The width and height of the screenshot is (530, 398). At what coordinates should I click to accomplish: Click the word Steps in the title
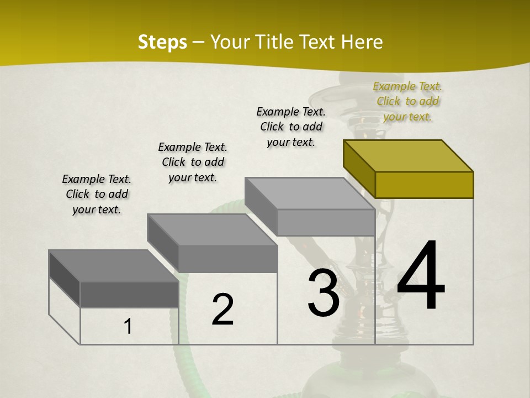(162, 42)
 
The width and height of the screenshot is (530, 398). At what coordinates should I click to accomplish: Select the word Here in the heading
(362, 42)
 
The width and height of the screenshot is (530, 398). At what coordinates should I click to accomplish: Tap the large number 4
(421, 276)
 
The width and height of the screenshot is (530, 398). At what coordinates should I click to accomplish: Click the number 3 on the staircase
(324, 294)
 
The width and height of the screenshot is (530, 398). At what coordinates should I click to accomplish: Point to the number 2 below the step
(222, 310)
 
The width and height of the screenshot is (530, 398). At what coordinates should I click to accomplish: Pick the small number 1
(128, 326)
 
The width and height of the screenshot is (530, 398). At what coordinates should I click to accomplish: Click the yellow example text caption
(407, 101)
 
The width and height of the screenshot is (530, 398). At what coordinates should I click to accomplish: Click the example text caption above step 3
(291, 127)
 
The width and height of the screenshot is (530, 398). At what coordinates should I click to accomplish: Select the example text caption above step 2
(193, 162)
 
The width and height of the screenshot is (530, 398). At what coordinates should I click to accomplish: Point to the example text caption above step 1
(97, 194)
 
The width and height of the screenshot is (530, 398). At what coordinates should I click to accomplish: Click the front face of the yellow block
(424, 185)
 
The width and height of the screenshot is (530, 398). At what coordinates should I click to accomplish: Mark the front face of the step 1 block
(129, 294)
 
